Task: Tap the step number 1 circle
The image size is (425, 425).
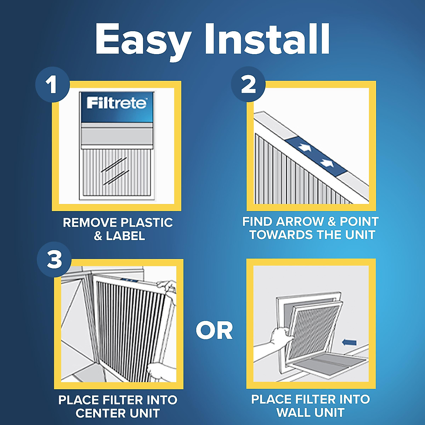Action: click(x=52, y=85)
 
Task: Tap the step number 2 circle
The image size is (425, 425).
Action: click(x=248, y=85)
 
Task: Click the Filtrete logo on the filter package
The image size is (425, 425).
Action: click(x=117, y=103)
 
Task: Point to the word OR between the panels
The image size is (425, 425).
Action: click(x=214, y=331)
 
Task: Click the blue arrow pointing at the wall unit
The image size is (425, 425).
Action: click(x=349, y=342)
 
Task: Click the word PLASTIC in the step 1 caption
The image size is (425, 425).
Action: click(x=147, y=223)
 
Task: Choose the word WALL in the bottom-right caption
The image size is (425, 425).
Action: click(x=293, y=413)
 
